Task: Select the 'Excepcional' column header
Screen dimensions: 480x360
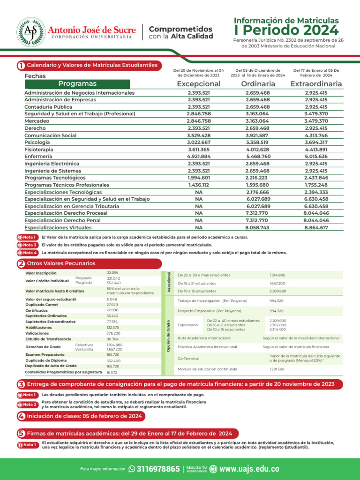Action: [199, 84]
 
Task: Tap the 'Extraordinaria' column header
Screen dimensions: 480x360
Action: [316, 84]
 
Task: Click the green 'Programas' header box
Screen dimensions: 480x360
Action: [78, 84]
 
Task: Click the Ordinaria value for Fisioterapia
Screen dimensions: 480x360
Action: [257, 149]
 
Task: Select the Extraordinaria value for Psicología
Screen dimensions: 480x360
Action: [316, 142]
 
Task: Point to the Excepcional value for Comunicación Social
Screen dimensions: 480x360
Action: [199, 135]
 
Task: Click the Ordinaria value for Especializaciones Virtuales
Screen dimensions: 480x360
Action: [257, 227]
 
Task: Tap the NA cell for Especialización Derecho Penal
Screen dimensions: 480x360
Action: [199, 220]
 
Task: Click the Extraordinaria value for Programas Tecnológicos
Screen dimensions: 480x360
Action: [316, 178]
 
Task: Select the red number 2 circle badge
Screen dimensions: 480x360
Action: [21, 264]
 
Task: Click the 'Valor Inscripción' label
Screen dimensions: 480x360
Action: [41, 273]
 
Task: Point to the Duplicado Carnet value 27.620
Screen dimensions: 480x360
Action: [112, 304]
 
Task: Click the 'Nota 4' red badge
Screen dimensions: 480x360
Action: [28, 253]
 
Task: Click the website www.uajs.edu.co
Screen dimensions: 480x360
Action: [249, 469]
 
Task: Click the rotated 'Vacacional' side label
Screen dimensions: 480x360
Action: [169, 283]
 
